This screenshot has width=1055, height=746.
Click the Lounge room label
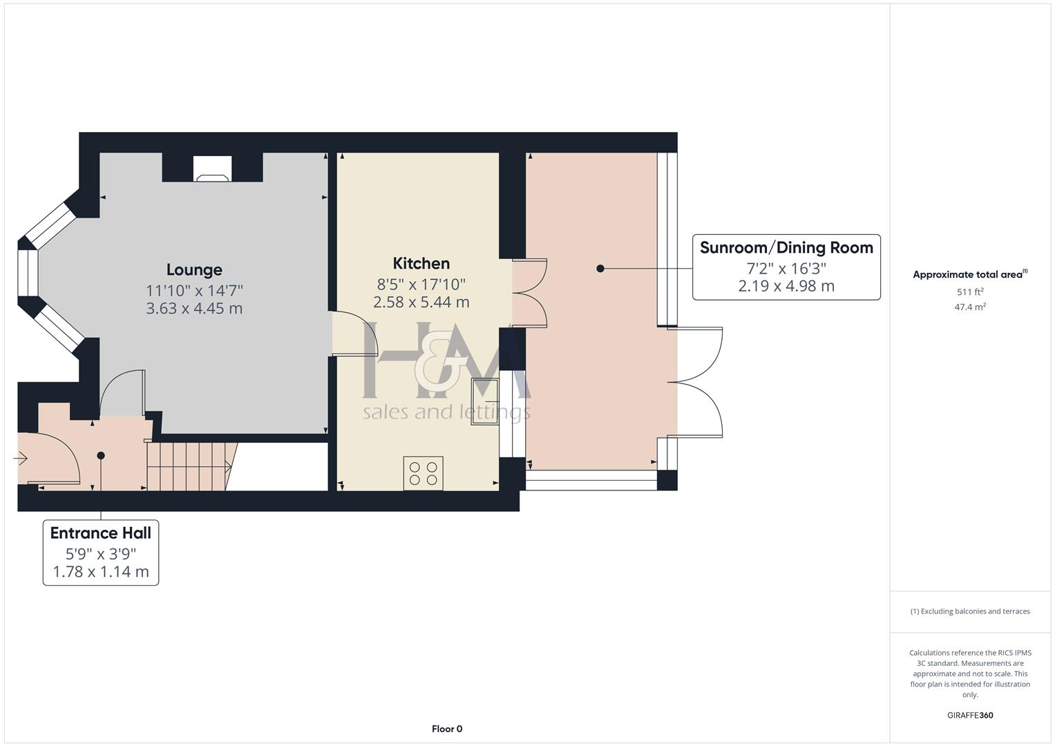[x=194, y=270]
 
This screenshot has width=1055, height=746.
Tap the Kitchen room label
[x=421, y=263]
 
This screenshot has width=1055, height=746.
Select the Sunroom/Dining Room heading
[x=786, y=248]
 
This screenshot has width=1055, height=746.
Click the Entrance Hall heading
[x=101, y=533]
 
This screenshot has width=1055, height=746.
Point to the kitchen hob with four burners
[x=423, y=474]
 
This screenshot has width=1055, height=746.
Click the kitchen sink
[x=485, y=401]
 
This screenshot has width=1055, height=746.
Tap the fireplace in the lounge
[x=212, y=170]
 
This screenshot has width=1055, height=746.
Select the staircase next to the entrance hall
[x=189, y=467]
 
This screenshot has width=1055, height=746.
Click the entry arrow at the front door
[x=20, y=458]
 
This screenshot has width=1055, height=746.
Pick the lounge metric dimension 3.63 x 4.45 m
[x=194, y=308]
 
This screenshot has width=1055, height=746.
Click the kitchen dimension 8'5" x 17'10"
[x=421, y=284]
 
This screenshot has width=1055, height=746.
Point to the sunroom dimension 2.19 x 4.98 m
[x=786, y=286]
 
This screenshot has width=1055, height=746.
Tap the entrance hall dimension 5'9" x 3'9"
[x=101, y=554]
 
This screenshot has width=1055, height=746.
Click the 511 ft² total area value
[x=970, y=292]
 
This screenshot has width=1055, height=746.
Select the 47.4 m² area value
[x=970, y=307]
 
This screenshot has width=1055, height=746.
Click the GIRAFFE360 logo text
[x=970, y=716]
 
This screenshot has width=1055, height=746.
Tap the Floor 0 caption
[x=447, y=729]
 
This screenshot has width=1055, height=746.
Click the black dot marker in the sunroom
[x=600, y=269]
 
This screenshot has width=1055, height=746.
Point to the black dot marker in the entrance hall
[x=101, y=455]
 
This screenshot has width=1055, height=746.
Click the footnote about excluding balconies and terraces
[x=970, y=611]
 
